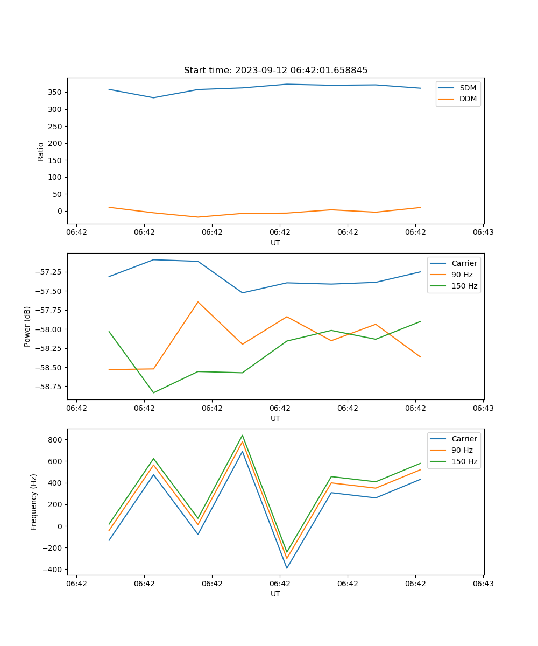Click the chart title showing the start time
(x=275, y=71)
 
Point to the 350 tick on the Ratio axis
(x=55, y=92)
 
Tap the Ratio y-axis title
(x=41, y=151)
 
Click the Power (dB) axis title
(x=27, y=326)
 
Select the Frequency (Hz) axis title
(x=34, y=502)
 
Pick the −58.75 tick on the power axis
(x=46, y=387)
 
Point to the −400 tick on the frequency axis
(x=52, y=570)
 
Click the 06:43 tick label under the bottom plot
(x=483, y=584)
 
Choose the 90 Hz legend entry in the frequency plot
(x=462, y=450)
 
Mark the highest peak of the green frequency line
(x=242, y=436)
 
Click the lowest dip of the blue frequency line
(x=287, y=568)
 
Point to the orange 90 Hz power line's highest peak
(x=198, y=302)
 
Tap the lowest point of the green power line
(x=153, y=392)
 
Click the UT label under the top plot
(x=275, y=243)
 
